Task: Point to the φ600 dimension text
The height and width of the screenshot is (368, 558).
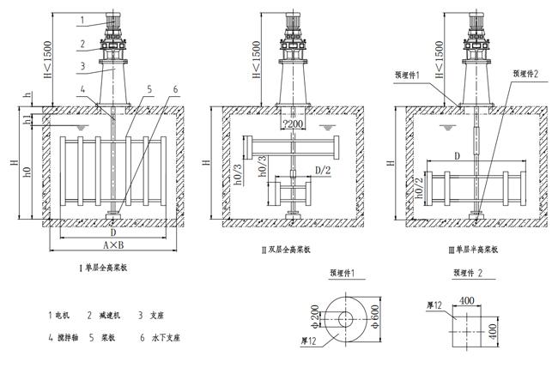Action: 375,318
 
